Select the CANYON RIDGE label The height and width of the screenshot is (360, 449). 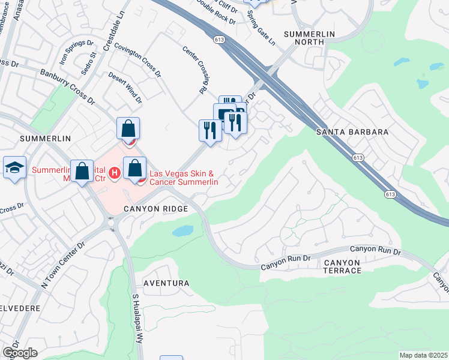tap(156, 209)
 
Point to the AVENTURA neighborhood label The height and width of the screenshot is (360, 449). tap(166, 283)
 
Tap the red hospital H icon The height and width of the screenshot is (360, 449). tap(115, 172)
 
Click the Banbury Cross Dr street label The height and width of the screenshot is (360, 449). tap(67, 86)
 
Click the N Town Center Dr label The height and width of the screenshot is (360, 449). tap(62, 265)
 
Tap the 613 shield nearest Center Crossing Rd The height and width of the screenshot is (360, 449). tap(219, 39)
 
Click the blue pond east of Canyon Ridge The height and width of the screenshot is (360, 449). tap(182, 231)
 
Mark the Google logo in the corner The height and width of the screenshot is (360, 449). tap(20, 353)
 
